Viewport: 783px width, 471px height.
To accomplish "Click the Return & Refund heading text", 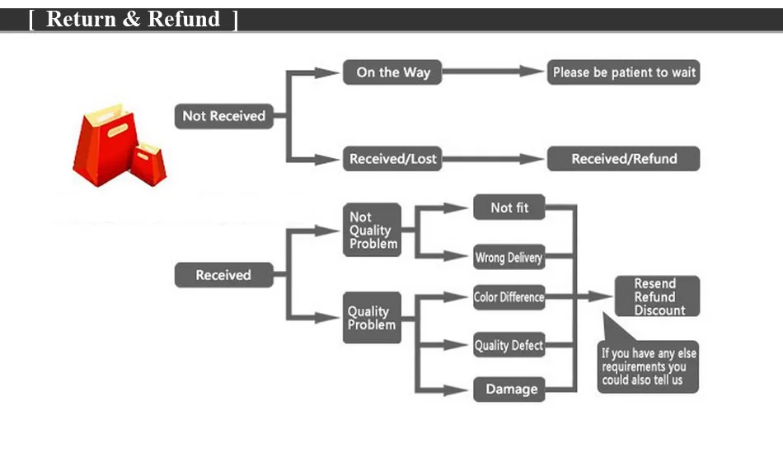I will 134,19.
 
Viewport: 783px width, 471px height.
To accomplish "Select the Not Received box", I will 223,116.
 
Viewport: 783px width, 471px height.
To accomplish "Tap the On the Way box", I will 392,72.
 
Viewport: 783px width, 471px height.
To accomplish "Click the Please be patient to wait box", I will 624,72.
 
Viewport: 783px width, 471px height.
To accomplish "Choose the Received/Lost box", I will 391,159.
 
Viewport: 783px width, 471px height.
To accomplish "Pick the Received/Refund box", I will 624,159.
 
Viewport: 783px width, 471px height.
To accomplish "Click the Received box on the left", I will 223,275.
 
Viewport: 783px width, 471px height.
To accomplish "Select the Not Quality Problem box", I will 372,230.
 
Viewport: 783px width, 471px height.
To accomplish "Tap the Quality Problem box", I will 372,318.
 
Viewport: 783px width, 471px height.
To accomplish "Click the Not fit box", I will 509,208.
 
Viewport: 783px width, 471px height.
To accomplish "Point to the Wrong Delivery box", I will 509,258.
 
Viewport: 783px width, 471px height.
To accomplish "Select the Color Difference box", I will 509,297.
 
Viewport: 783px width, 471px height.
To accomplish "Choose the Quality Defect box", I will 509,346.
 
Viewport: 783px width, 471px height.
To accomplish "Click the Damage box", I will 510,389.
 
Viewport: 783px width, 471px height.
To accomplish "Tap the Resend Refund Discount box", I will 657,296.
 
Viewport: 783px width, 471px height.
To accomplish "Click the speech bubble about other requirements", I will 649,366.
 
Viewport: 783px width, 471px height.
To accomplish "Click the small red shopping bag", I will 149,162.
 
